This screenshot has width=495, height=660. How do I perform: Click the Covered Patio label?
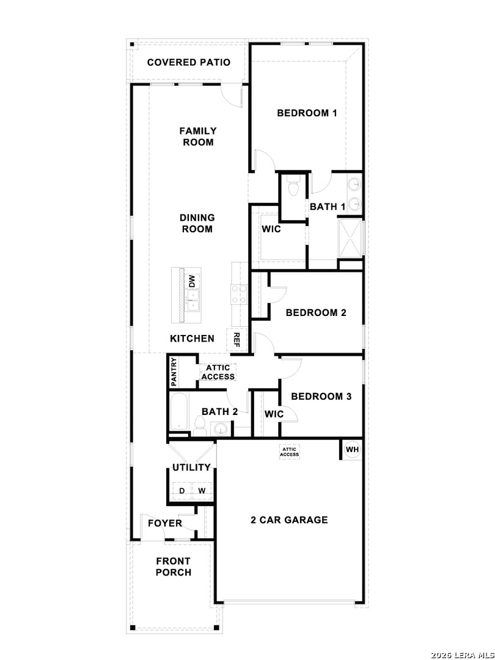(189, 62)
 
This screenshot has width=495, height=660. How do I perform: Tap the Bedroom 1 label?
(307, 113)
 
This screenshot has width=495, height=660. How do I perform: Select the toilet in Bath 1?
(293, 186)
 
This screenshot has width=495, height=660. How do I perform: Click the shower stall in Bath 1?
(350, 238)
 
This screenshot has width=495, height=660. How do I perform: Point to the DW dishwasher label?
(192, 281)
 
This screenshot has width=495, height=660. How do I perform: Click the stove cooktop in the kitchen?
(238, 294)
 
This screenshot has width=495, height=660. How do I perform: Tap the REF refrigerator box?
(236, 339)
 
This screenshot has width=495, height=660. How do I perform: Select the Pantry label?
(174, 372)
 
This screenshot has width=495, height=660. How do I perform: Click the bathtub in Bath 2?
(179, 412)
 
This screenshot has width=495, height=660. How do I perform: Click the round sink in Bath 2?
(220, 430)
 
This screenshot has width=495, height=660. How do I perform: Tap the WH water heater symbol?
(353, 450)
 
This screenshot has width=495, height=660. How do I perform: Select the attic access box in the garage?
(289, 452)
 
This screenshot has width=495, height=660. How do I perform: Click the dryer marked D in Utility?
(182, 491)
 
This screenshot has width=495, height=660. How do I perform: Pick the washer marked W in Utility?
(202, 491)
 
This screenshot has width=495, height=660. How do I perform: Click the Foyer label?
(165, 523)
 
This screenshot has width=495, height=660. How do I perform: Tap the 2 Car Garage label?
(289, 520)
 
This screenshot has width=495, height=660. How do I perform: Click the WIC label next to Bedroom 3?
(274, 414)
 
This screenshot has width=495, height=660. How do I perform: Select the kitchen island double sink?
(193, 301)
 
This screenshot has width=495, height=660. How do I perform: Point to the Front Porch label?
(174, 566)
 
